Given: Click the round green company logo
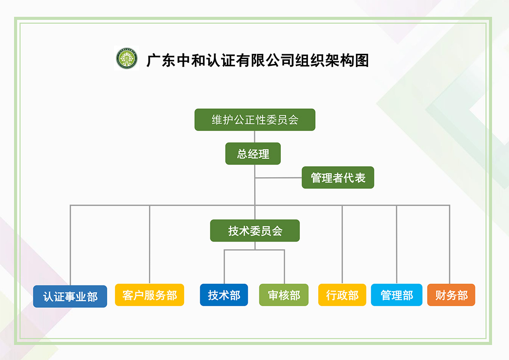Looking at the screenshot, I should point(127,59).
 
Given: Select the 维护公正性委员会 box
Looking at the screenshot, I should point(255,120).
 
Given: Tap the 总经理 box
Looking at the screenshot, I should point(253,153).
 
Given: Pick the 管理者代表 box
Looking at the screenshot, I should point(338,177).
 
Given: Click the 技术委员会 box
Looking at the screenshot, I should point(255,231).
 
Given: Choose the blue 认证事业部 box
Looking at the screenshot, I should point(70,296).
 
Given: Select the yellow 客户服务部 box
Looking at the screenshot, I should point(149,295).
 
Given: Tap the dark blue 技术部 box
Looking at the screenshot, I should point(224,295).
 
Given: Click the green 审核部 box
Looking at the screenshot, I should point(284,295).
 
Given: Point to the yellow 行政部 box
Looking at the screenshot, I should point(342,295).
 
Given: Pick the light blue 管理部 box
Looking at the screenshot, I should point(397,295).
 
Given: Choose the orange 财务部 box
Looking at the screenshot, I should point(451,295).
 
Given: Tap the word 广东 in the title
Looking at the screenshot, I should point(161,61).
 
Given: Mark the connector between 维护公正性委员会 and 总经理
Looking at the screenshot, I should point(255,137).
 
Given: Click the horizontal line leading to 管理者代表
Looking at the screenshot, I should point(278,178).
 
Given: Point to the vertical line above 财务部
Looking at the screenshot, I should point(449,246).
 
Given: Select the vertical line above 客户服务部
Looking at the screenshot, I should point(150,246).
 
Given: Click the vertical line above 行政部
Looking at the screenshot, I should point(342,246).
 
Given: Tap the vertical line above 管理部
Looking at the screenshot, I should point(397,246).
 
